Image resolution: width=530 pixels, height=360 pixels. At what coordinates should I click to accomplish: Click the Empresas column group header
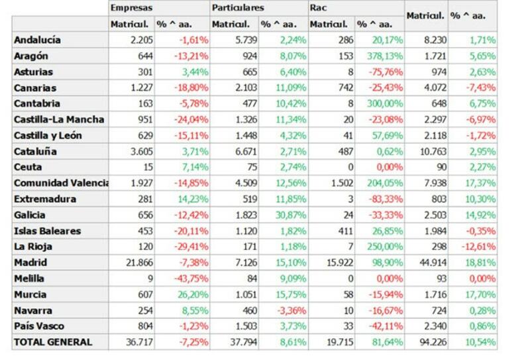coord(132,8)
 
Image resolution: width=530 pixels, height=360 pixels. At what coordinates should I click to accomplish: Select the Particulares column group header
coord(237,8)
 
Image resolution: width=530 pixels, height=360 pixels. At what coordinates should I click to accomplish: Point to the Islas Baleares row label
coord(47,231)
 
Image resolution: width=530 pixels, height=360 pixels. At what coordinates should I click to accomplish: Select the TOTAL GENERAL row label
coord(52,342)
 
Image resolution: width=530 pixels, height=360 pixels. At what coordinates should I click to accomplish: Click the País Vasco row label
coord(39,326)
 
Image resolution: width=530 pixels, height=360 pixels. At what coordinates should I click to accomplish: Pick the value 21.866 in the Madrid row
coord(139,263)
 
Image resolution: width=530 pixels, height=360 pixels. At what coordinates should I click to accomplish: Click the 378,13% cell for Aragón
coord(382,56)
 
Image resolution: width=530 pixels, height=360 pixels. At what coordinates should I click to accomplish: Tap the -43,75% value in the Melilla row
coord(192,278)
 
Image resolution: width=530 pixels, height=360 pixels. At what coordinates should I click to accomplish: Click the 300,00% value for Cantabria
coord(382,103)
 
